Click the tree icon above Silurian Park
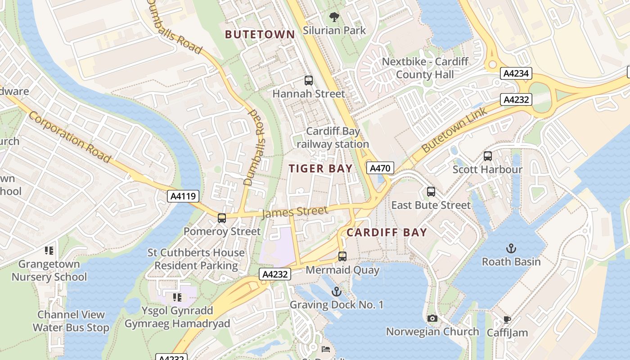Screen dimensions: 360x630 (x=334, y=18)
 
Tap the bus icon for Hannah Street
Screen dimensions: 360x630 (x=308, y=81)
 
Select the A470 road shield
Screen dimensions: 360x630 (x=380, y=168)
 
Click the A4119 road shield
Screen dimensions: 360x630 (x=183, y=196)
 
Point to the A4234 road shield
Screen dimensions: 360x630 (x=516, y=73)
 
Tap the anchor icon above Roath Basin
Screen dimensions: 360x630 (x=511, y=248)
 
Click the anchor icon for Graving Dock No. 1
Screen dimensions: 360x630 (x=336, y=292)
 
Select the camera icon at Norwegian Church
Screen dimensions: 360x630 (x=432, y=319)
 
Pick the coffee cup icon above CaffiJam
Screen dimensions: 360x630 (x=507, y=320)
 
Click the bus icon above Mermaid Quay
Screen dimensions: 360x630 (x=342, y=256)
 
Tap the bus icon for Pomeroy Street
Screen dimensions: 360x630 (x=222, y=218)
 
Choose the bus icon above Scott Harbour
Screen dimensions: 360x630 (x=487, y=156)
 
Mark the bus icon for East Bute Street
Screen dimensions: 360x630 (x=431, y=192)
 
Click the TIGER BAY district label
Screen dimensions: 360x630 (x=320, y=169)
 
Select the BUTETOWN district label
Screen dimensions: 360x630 (x=260, y=35)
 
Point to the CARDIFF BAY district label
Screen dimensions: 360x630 (x=387, y=233)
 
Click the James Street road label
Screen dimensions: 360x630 (x=295, y=212)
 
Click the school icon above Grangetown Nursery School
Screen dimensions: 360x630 (x=49, y=251)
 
